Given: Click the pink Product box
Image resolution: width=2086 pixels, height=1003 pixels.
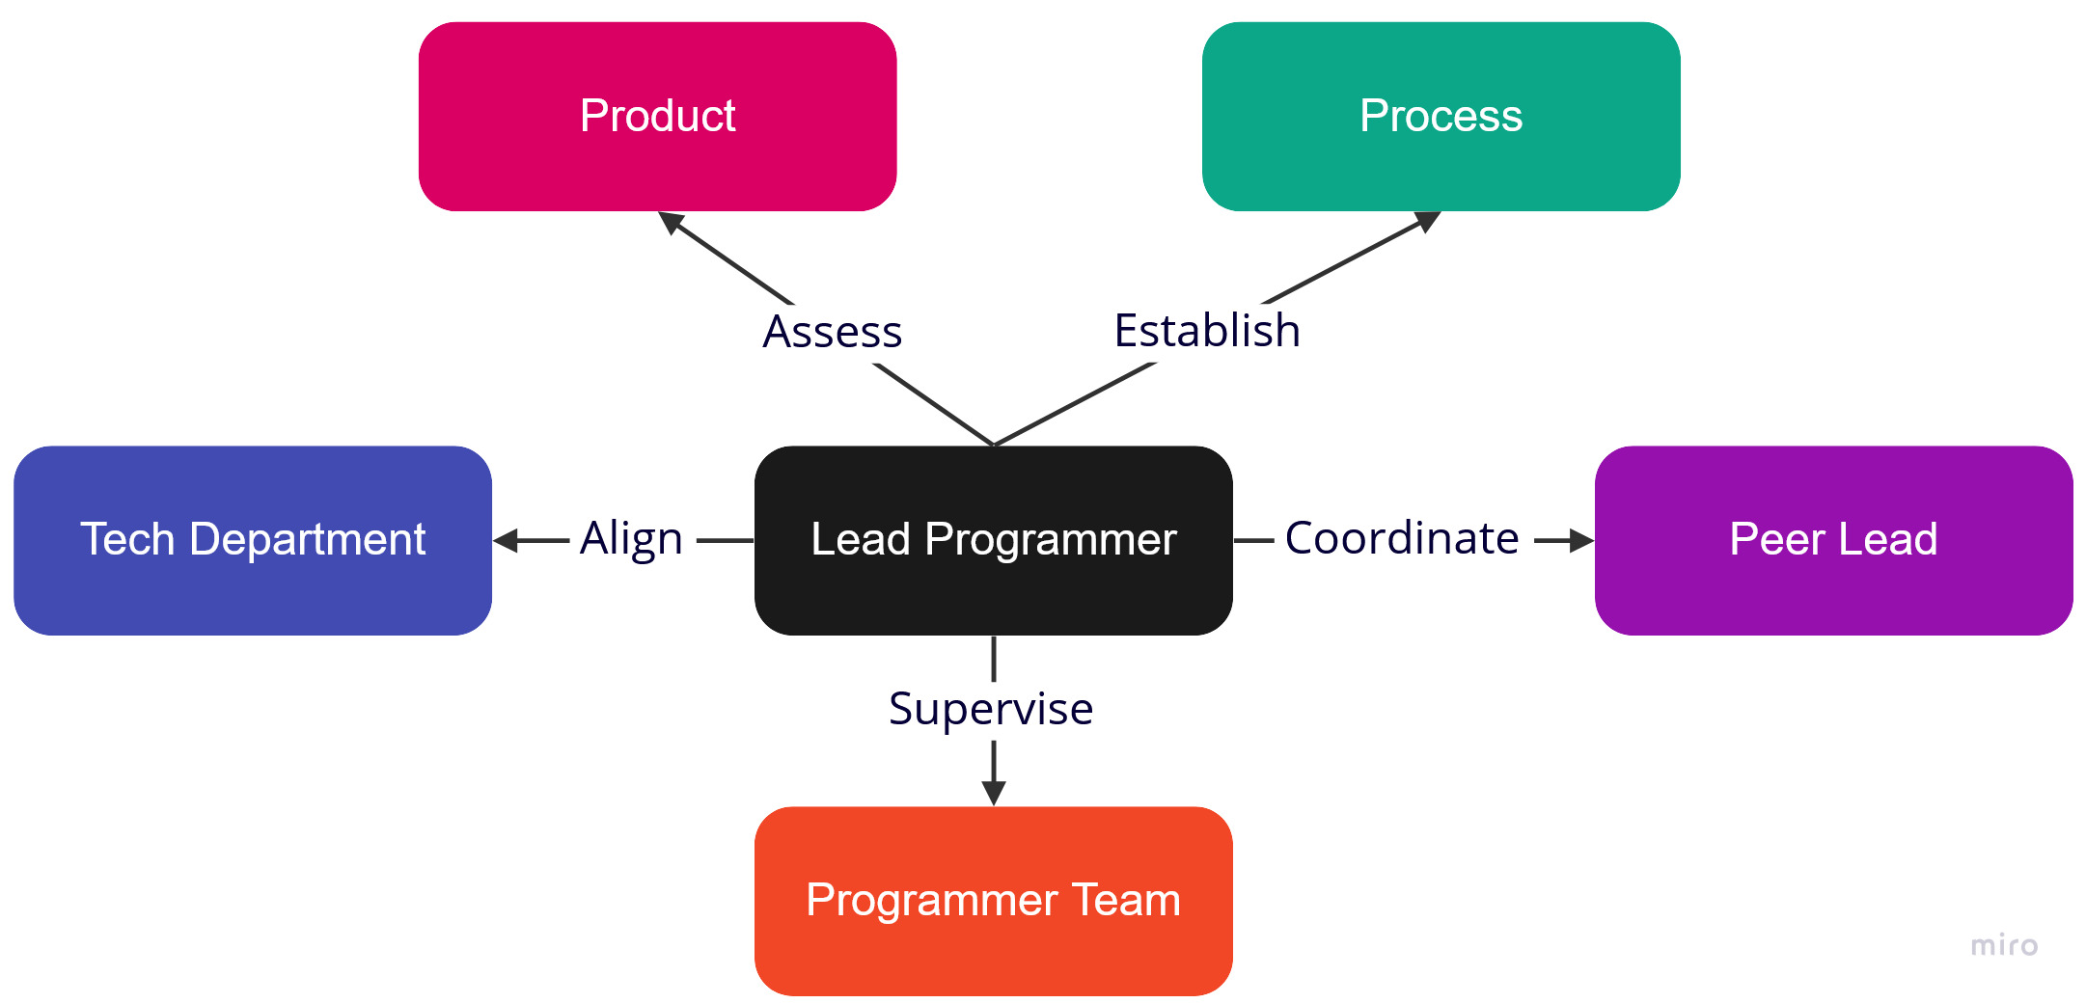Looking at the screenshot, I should (657, 117).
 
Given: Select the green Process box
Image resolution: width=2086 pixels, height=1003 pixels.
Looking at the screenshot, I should (1441, 117).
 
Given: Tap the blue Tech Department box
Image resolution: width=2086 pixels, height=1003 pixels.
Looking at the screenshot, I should (253, 540).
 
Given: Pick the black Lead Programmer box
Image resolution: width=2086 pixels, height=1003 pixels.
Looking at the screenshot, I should (993, 540).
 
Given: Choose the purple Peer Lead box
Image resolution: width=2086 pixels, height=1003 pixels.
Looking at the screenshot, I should (1833, 540).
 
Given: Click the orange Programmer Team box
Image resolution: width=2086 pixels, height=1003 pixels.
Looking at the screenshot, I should (993, 901).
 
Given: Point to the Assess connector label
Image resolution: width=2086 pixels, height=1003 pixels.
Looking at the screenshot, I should (832, 332).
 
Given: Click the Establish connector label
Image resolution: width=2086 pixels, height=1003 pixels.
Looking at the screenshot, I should (1207, 331).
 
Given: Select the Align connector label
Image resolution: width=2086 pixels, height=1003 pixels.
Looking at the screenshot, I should (631, 539).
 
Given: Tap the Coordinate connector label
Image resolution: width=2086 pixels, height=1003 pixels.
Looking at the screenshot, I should (1402, 538).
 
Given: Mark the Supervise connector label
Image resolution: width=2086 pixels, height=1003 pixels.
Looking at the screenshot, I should (991, 709).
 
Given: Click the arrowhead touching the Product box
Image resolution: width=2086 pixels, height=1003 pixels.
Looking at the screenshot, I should (670, 221).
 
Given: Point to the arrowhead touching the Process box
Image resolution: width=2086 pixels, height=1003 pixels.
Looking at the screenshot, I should (1428, 221).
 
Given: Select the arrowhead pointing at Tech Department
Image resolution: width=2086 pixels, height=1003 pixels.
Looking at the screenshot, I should (506, 541).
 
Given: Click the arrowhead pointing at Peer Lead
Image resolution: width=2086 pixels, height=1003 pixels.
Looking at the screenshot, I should (1581, 541).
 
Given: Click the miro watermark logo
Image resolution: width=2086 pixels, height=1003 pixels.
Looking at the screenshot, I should (2004, 945).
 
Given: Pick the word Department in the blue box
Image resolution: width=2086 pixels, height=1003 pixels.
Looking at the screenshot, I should (308, 539).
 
